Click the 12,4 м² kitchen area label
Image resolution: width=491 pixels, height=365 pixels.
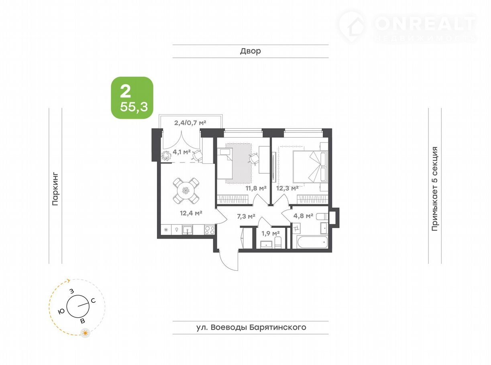pyautogui.click(x=191, y=213)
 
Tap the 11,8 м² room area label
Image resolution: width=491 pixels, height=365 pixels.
pyautogui.click(x=256, y=189)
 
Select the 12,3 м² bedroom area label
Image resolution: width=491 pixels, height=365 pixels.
pyautogui.click(x=287, y=189)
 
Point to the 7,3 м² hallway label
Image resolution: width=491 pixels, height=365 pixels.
pyautogui.click(x=246, y=216)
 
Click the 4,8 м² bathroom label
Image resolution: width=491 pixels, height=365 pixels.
pyautogui.click(x=303, y=216)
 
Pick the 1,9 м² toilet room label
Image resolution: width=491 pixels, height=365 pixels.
pyautogui.click(x=270, y=233)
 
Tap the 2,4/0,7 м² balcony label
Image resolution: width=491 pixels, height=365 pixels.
pyautogui.click(x=190, y=123)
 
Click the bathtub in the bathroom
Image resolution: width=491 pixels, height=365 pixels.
pyautogui.click(x=312, y=243)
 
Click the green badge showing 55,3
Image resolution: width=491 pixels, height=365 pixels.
pyautogui.click(x=132, y=98)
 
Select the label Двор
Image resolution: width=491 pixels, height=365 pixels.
pyautogui.click(x=251, y=51)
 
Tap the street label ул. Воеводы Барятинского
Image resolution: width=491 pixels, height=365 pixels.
pyautogui.click(x=251, y=327)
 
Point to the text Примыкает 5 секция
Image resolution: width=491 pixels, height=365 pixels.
pyautogui.click(x=435, y=189)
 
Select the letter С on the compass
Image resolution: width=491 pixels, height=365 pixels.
pyautogui.click(x=93, y=301)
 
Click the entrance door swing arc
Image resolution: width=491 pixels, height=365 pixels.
pyautogui.click(x=225, y=265)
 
